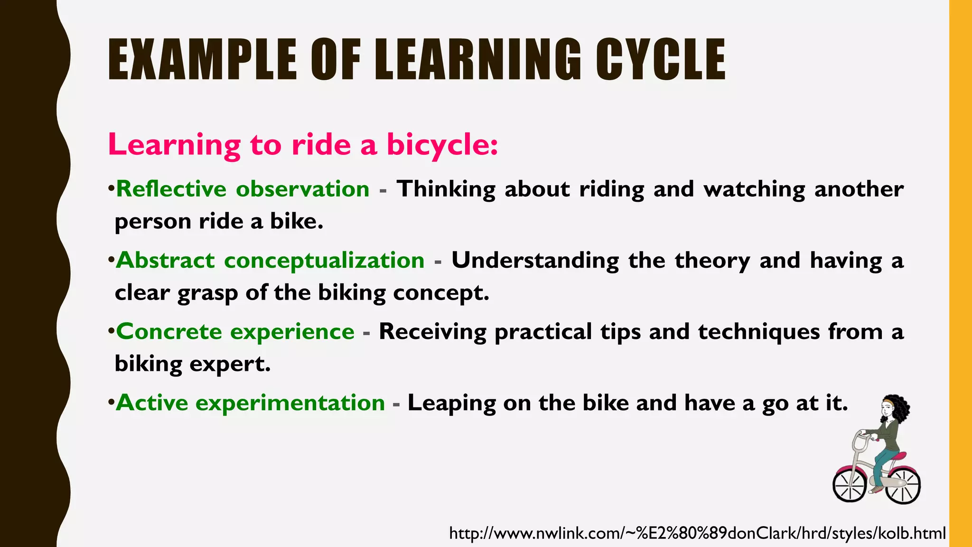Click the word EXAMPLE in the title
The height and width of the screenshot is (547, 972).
[202, 60]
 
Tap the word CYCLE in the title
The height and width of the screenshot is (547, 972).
[660, 60]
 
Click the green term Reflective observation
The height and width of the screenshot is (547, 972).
[243, 189]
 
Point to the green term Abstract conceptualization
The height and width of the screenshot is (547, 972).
[270, 260]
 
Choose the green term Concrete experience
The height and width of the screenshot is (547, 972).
[235, 331]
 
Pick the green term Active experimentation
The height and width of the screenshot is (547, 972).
[250, 403]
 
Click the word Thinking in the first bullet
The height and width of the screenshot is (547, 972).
[446, 189]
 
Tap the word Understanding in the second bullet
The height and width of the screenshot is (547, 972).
[535, 260]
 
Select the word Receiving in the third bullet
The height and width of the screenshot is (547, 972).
[432, 331]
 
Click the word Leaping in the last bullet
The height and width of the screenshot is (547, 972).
[451, 403]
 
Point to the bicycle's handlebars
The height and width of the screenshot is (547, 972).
[861, 440]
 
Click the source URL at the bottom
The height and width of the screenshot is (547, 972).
[697, 533]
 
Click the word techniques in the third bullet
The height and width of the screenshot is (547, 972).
[759, 331]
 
